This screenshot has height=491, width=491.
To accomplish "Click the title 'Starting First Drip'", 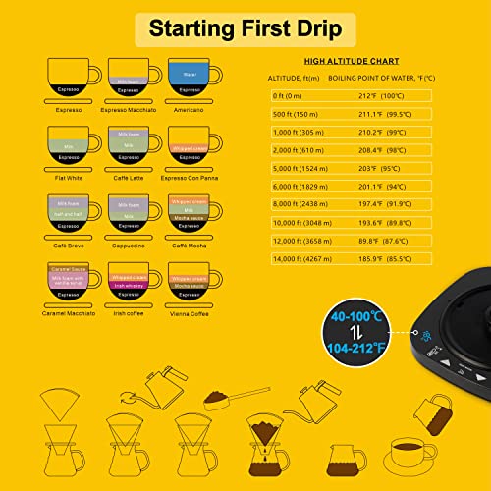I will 245,27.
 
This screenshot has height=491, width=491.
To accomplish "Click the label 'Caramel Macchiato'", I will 67,313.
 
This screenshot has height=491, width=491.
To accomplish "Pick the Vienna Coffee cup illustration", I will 191,283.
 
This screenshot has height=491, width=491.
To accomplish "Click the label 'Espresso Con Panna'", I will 191,179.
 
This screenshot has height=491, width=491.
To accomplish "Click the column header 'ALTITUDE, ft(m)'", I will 299,78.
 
